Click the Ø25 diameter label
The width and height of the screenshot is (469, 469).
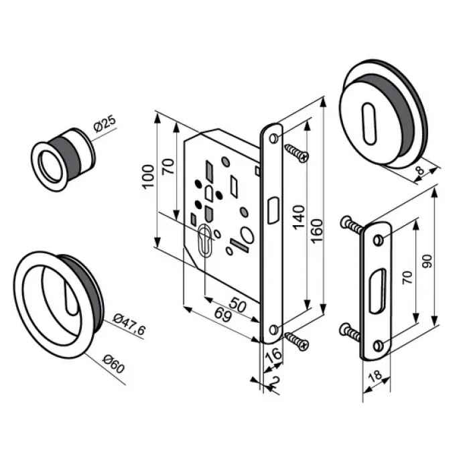pyautogui.click(x=105, y=125)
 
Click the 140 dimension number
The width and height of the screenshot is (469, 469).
pyautogui.click(x=299, y=218)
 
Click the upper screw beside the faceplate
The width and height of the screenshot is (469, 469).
pyautogui.click(x=295, y=153)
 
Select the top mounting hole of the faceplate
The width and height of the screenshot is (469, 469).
pyautogui.click(x=274, y=138)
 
